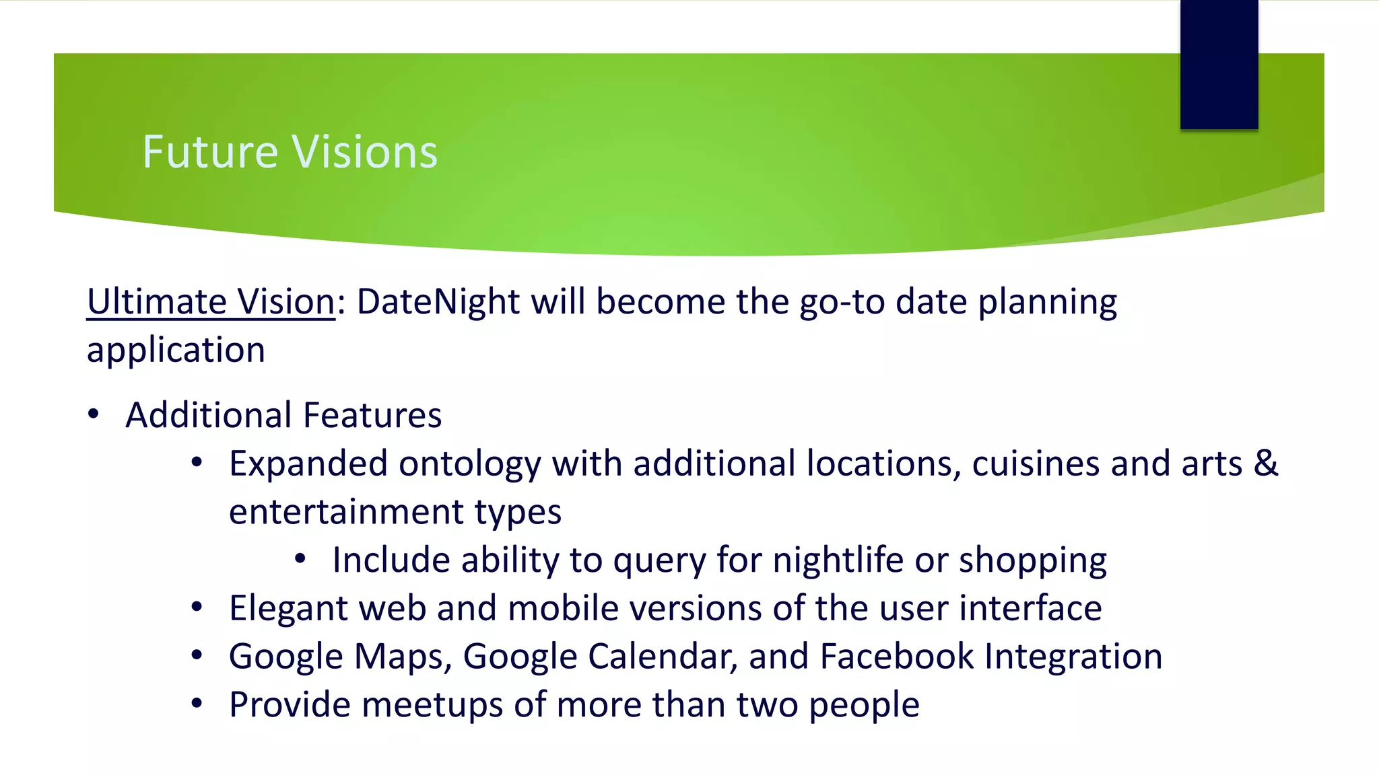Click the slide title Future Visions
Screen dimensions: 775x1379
click(290, 152)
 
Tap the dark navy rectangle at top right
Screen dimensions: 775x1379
click(1219, 65)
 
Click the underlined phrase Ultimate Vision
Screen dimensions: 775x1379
click(211, 301)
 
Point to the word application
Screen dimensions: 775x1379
click(176, 350)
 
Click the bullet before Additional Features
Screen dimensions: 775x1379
click(94, 414)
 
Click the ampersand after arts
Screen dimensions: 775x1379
click(1266, 464)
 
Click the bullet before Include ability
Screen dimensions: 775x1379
click(300, 559)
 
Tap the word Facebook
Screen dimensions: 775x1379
click(897, 657)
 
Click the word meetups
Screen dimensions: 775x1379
click(432, 706)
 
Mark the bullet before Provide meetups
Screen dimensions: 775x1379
click(197, 704)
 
